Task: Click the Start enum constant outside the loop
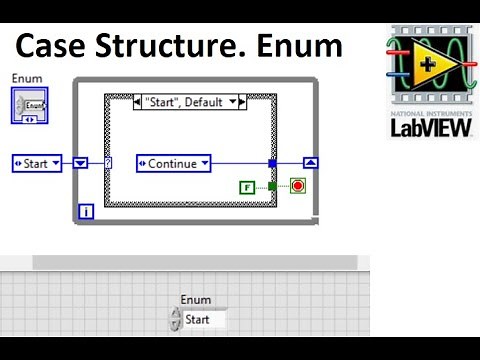click(x=37, y=163)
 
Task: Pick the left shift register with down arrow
click(x=82, y=163)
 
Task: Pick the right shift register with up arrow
click(x=311, y=163)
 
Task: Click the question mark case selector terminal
click(x=108, y=163)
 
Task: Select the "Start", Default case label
click(x=190, y=102)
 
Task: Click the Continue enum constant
click(x=173, y=163)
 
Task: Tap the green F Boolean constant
click(x=247, y=186)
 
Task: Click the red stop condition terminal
click(x=297, y=186)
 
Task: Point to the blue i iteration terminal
click(x=86, y=211)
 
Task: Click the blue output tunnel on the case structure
click(x=271, y=163)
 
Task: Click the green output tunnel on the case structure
click(x=271, y=186)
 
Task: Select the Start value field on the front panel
click(x=205, y=320)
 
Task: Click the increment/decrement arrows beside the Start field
click(x=177, y=320)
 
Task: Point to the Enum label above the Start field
click(x=196, y=300)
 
